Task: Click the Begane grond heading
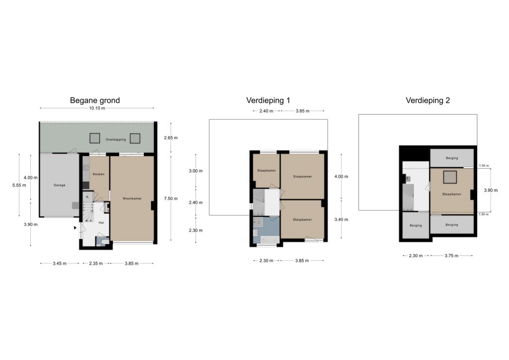click(95, 100)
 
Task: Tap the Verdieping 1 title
click(268, 100)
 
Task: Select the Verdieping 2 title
click(428, 100)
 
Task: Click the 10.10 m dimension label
click(97, 108)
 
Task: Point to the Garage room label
click(60, 185)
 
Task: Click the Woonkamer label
click(132, 198)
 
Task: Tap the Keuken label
click(99, 174)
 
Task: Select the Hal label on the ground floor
click(101, 223)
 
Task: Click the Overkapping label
click(115, 140)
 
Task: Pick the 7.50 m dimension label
click(171, 198)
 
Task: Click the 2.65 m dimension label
click(171, 138)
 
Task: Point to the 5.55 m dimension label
click(19, 185)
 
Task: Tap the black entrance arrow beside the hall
click(75, 228)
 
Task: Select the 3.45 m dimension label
click(60, 263)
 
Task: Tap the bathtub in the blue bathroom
click(269, 240)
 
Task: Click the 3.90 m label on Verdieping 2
click(491, 190)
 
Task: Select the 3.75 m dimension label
click(451, 256)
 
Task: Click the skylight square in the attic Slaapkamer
click(450, 177)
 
